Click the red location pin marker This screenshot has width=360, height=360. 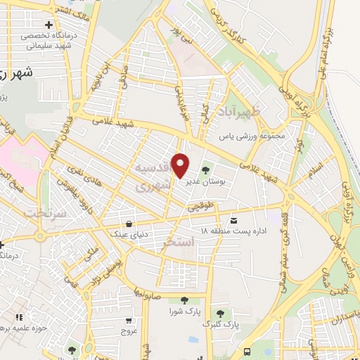coord(181,165)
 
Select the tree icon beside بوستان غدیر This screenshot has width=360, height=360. coord(207,170)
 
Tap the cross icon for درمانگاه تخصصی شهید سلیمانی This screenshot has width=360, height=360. coord(48,26)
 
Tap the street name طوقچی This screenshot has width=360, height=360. coord(199,208)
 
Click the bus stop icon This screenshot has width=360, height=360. coord(246,352)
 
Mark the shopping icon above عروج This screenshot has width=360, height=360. coord(127,317)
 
